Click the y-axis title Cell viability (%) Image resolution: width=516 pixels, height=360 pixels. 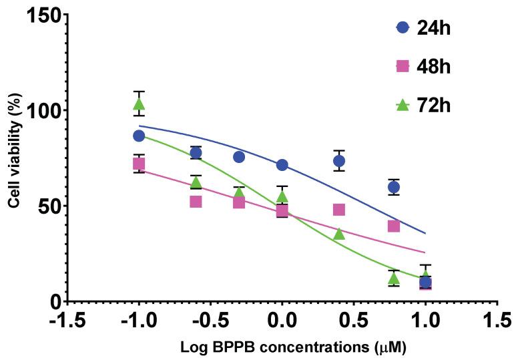[13, 158]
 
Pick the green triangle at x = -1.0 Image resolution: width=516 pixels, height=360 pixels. [139, 104]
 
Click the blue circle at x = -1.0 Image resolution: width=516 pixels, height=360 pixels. [139, 136]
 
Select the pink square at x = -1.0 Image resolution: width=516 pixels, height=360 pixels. [139, 164]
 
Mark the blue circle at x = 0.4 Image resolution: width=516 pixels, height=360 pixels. [339, 161]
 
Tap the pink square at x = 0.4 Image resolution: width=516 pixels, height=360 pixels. [339, 210]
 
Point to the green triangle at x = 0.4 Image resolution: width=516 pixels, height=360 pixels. [339, 233]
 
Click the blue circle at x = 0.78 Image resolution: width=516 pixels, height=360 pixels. [394, 187]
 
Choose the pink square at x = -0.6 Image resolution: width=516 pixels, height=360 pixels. [196, 201]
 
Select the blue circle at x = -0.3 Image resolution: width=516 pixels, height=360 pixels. [239, 157]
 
